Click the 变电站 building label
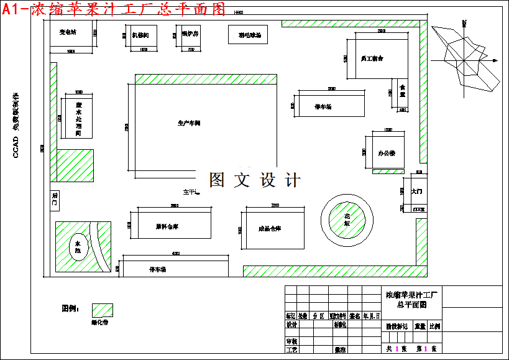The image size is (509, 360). [68, 32]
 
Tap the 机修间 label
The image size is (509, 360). [140, 35]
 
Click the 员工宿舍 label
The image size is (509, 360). [372, 58]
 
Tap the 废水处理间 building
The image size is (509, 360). [78, 118]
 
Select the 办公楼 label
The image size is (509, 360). [387, 152]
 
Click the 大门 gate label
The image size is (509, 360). [417, 192]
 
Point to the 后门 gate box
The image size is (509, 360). [54, 200]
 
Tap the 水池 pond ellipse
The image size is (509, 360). [78, 247]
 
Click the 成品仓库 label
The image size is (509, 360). [270, 229]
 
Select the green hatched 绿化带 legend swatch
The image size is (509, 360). [102, 310]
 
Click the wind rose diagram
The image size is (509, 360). [465, 59]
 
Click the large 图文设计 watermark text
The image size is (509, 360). [255, 180]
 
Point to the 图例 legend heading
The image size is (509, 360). [69, 308]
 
